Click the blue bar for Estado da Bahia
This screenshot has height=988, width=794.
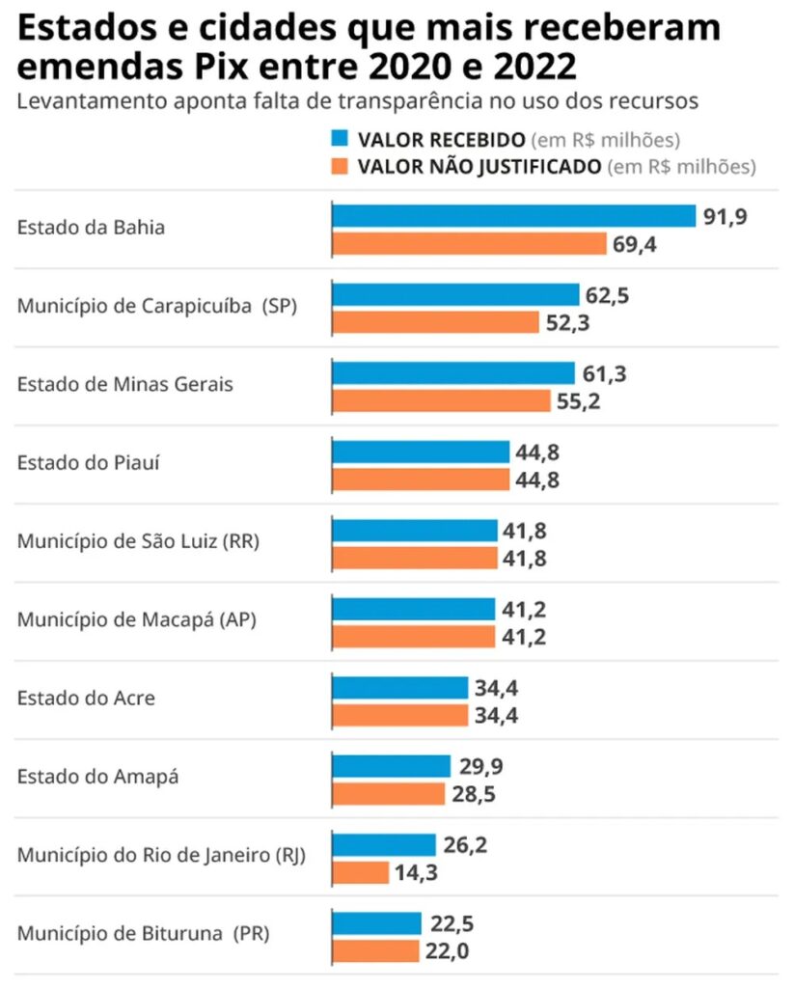click(513, 216)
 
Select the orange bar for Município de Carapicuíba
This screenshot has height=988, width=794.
click(435, 322)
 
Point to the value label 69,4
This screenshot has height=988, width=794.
click(634, 244)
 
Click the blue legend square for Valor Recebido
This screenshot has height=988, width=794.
click(339, 138)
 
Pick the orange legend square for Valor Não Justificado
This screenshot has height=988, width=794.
click(339, 166)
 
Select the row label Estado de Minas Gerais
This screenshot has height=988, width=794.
click(125, 384)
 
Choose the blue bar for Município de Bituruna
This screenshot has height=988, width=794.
click(376, 923)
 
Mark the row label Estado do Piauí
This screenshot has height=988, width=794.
click(89, 462)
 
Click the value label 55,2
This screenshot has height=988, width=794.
click(577, 400)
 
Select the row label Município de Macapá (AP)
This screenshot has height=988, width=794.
click(136, 619)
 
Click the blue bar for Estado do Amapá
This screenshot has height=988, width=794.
click(391, 766)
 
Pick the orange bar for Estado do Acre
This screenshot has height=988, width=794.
click(399, 715)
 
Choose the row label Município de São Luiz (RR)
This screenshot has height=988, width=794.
click(139, 541)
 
